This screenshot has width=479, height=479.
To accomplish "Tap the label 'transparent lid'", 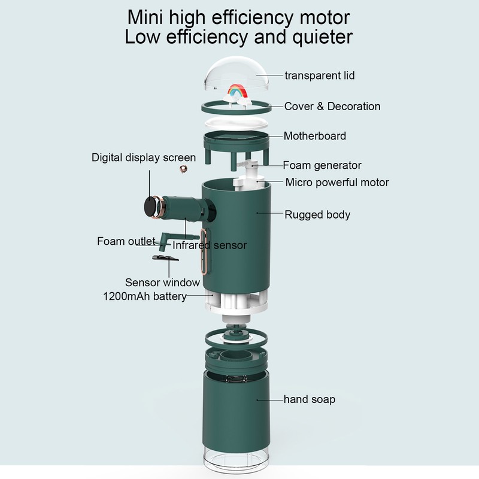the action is pyautogui.click(x=320, y=75).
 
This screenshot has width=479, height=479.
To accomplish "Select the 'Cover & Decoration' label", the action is pyautogui.click(x=332, y=107).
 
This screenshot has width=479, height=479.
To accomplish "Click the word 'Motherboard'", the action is pyautogui.click(x=315, y=136).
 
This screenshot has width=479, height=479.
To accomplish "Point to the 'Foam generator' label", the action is pyautogui.click(x=322, y=165).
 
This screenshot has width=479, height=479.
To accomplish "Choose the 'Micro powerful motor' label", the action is pyautogui.click(x=337, y=183).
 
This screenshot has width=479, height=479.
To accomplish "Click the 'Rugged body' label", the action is pyautogui.click(x=317, y=215).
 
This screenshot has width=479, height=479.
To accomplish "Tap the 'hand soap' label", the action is pyautogui.click(x=310, y=399).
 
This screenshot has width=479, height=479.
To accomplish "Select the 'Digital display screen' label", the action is pyautogui.click(x=144, y=157).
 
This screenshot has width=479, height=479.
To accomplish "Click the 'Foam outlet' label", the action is pyautogui.click(x=126, y=241).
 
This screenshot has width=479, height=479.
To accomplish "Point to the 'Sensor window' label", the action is pyautogui.click(x=162, y=282).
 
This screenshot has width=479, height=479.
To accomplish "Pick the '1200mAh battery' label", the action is pyautogui.click(x=145, y=296).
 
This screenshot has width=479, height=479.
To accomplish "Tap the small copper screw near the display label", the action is pyautogui.click(x=183, y=169).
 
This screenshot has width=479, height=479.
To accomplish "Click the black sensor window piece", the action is pyautogui.click(x=165, y=258).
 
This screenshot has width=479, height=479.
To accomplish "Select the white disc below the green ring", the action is pyautogui.click(x=236, y=123).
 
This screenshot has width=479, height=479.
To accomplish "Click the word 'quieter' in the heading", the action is pyautogui.click(x=323, y=37).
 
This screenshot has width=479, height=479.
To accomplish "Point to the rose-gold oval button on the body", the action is pyautogui.click(x=205, y=251).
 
